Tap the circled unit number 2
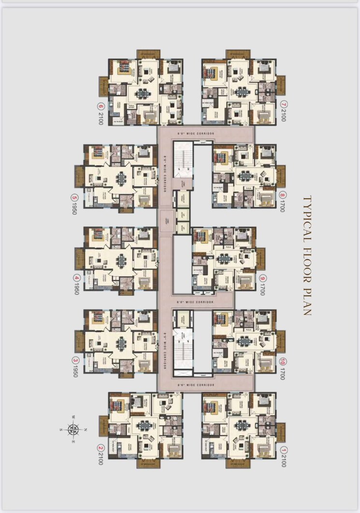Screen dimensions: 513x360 [x=101, y=447]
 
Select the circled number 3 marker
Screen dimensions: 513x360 [x=74, y=360]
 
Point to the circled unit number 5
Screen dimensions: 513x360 [x=74, y=197]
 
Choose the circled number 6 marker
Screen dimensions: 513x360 [x=101, y=107]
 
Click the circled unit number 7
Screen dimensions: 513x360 [x=284, y=104]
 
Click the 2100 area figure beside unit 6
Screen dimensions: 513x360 [x=101, y=118]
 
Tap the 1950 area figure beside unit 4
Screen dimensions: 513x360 [x=74, y=289]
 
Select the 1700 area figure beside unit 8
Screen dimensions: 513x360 [x=284, y=206]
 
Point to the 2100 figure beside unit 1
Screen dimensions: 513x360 [x=284, y=461]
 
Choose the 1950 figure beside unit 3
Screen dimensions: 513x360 [x=74, y=371]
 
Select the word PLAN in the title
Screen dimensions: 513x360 [x=306, y=302]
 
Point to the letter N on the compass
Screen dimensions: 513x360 [x=86, y=429]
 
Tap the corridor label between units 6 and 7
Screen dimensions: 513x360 [x=202, y=133]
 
